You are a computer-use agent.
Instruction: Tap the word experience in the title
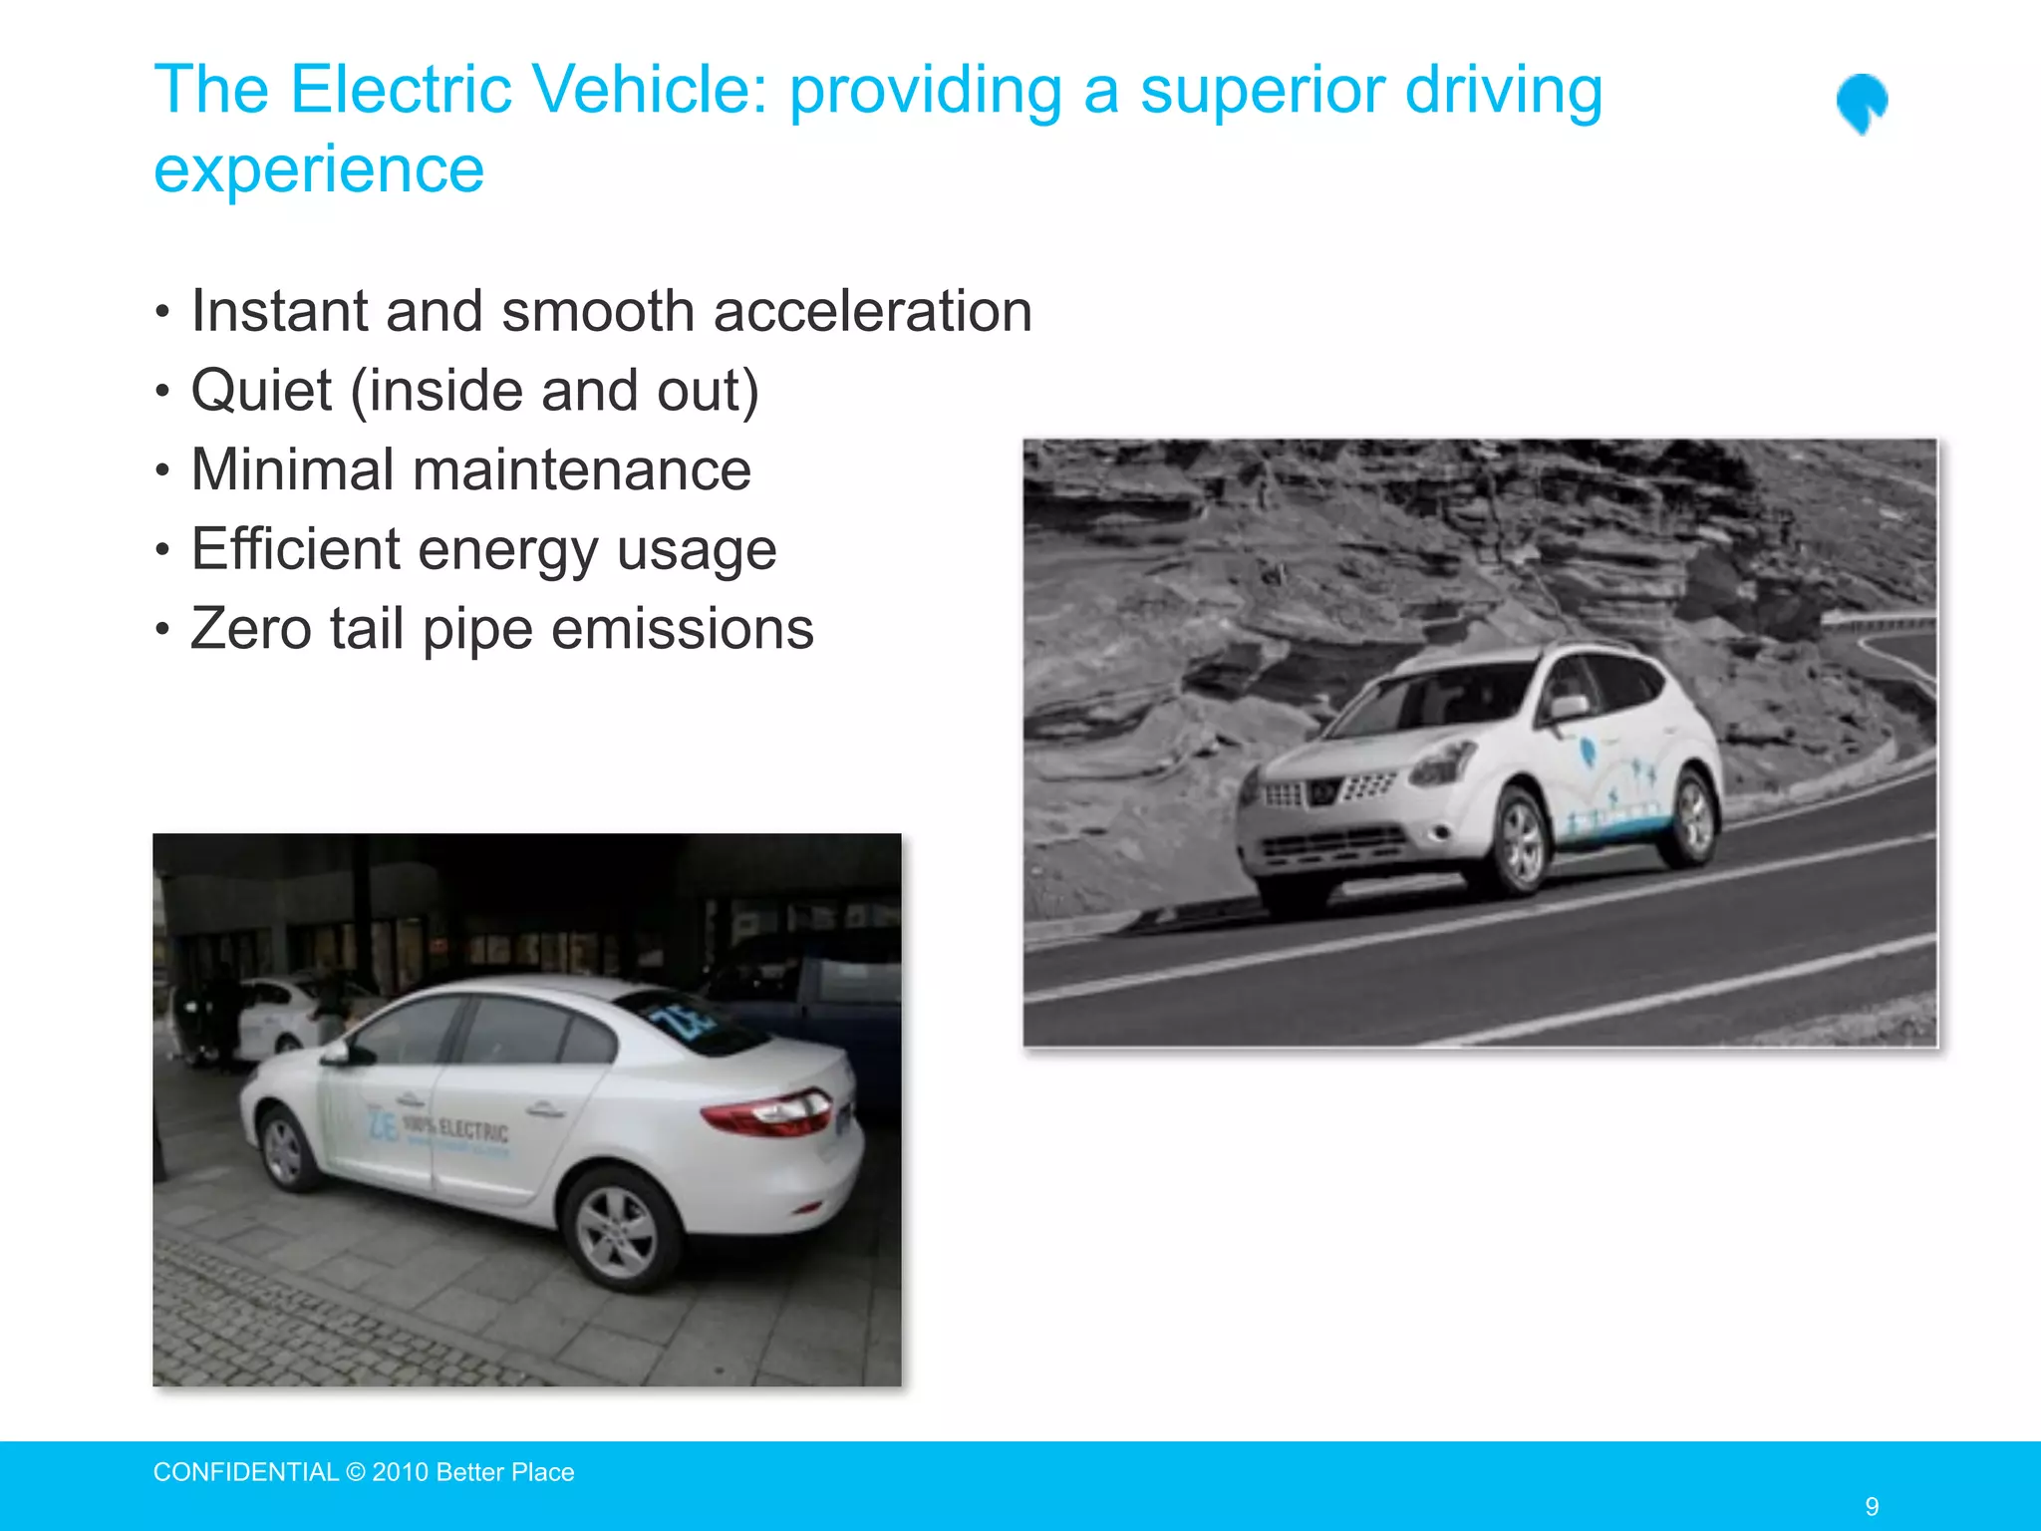point(319,169)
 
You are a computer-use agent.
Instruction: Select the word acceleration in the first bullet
point(873,311)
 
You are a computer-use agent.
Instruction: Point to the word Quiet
point(261,390)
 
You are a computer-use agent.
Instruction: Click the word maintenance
point(582,469)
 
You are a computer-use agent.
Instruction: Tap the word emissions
point(682,629)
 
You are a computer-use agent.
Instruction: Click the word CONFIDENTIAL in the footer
point(246,1472)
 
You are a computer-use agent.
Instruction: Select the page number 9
point(1872,1506)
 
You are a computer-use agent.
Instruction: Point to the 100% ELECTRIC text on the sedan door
point(455,1129)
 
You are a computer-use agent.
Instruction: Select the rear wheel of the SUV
point(1690,814)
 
